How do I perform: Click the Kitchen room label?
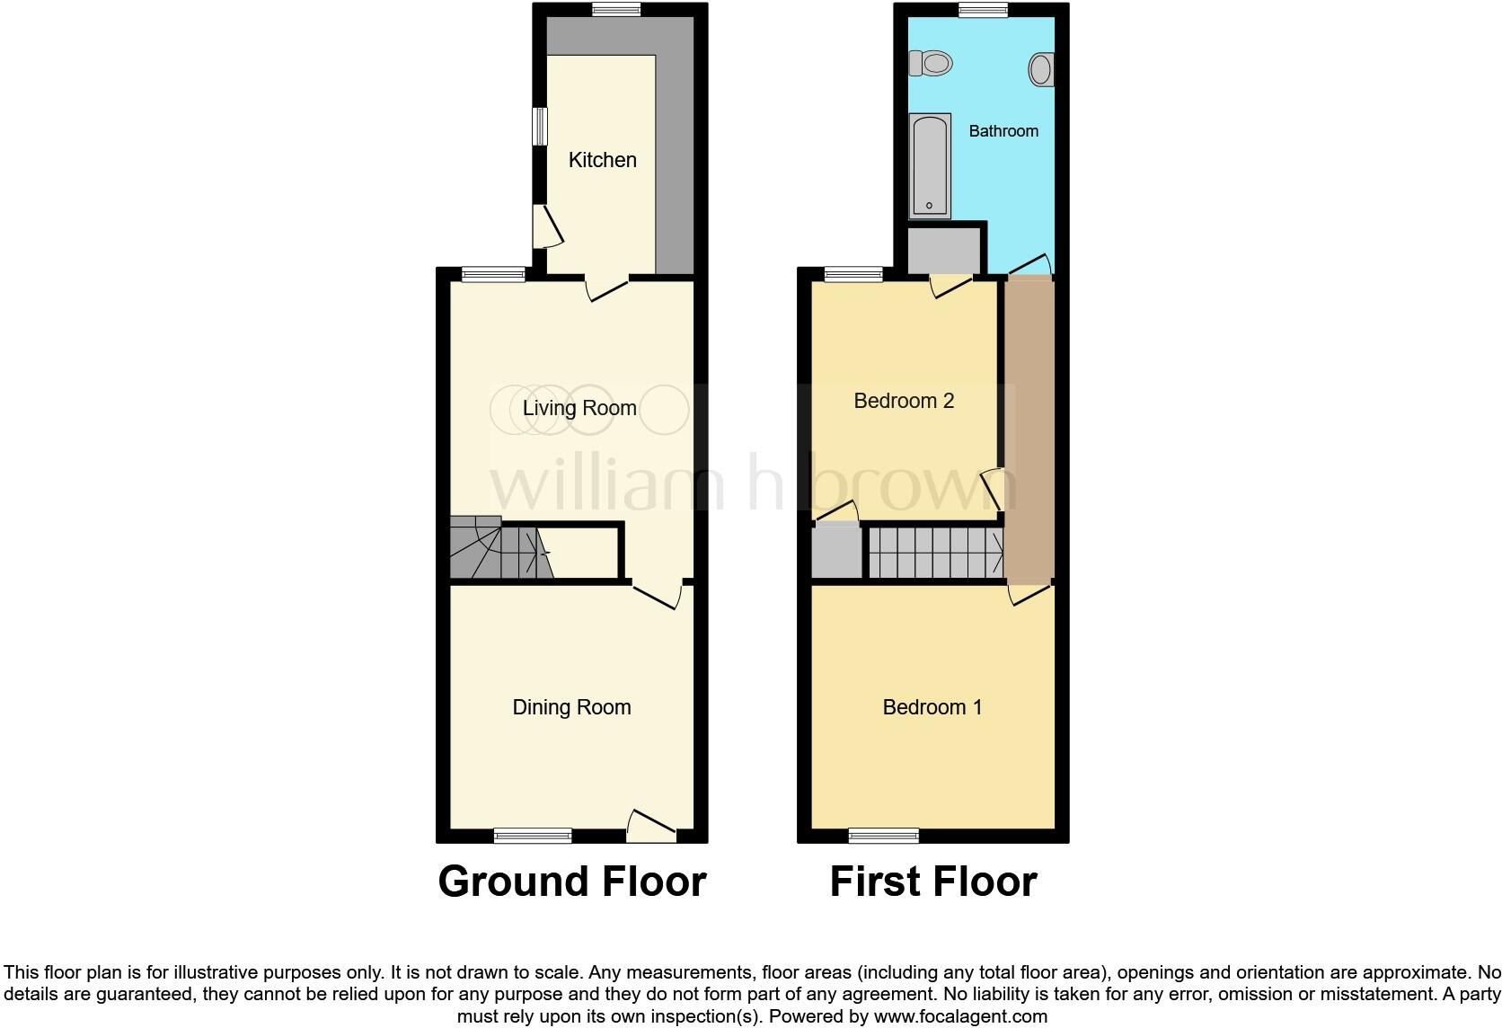point(602,160)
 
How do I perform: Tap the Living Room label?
point(579,408)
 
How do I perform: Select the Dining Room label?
point(571,707)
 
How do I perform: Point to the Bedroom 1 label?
point(932,707)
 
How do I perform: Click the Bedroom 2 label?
point(903,401)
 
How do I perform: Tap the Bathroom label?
point(1003,131)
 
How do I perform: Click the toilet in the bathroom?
point(932,64)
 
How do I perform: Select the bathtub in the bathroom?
point(930,165)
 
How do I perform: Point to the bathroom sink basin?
point(1041,69)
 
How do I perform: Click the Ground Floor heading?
point(571,882)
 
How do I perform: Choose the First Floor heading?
point(932,882)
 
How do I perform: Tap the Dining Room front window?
point(533,836)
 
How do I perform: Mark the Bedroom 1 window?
point(884,836)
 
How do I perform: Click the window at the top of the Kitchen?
point(616,10)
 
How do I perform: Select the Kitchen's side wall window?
point(540,127)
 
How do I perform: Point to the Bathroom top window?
point(981,10)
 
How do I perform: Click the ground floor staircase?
point(499,548)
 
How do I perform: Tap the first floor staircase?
point(935,552)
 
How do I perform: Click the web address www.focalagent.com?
point(960,1017)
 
